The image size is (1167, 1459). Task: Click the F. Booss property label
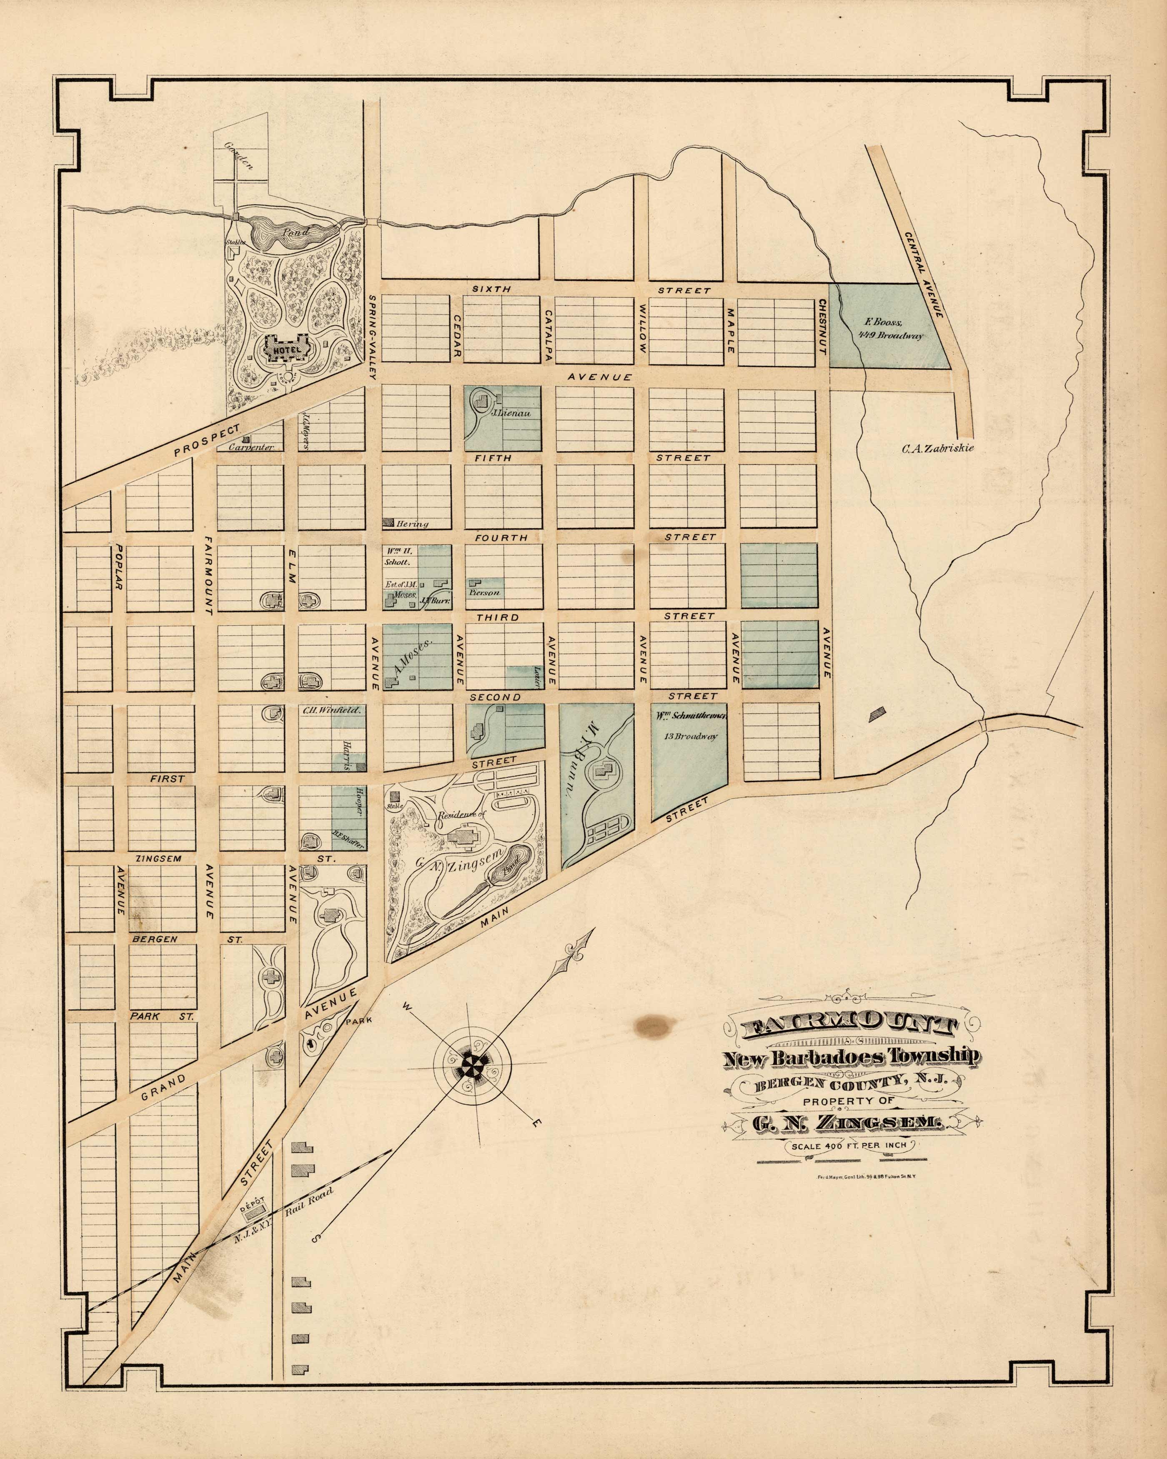click(879, 322)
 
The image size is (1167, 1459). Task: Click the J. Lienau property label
click(504, 411)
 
